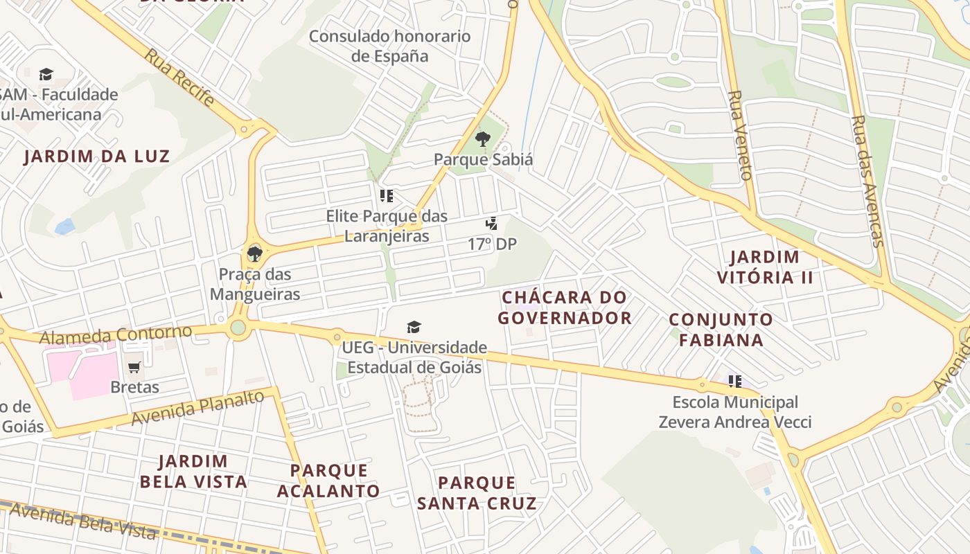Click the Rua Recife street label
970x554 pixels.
179,77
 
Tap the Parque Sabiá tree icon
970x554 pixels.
483,139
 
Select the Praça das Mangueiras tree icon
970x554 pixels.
254,253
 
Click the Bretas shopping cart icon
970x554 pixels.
134,367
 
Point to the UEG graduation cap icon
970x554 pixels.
414,327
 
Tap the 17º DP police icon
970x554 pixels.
491,224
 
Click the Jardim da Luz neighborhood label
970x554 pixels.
96,157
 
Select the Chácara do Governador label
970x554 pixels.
565,307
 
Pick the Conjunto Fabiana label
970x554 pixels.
721,330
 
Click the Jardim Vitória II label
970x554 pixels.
765,267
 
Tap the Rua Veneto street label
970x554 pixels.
740,135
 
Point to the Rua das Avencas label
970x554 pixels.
867,181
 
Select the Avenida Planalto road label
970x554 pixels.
197,408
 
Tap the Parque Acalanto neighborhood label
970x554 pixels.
328,481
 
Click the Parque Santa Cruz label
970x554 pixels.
477,492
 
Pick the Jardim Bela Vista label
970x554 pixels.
193,472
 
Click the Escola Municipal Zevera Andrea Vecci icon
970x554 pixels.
734,381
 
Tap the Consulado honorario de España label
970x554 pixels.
389,46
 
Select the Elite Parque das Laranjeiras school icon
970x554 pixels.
387,196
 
